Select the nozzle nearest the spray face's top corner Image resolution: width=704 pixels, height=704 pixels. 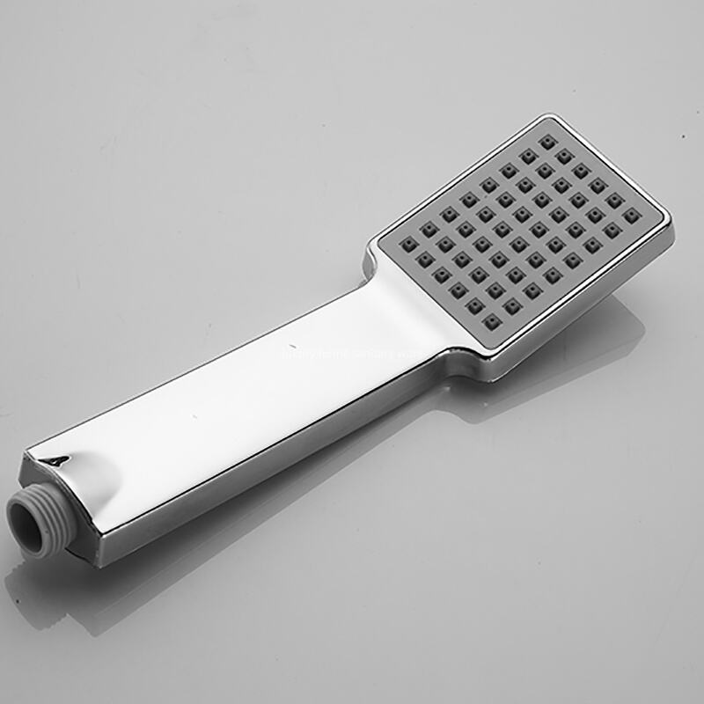548,142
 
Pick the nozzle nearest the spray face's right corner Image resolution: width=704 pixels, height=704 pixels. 631,215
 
